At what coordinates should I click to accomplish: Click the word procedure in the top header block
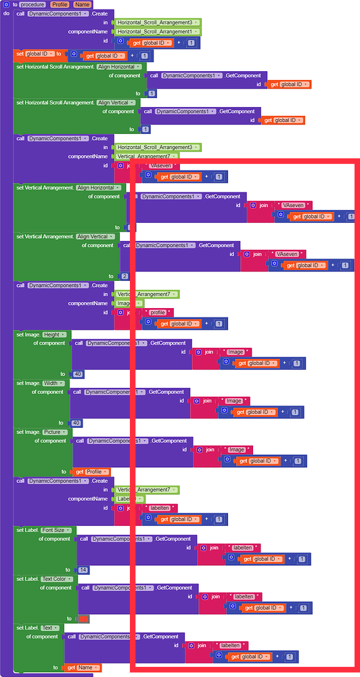click(33, 4)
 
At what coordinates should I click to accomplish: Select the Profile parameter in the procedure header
click(59, 4)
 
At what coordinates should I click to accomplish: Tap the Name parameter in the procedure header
click(82, 4)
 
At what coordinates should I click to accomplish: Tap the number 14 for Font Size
click(83, 570)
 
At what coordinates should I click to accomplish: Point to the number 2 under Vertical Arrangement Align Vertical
click(124, 276)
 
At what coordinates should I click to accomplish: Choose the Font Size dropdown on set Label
click(57, 530)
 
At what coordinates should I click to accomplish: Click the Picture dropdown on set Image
click(55, 432)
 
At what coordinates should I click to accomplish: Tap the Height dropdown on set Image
click(51, 334)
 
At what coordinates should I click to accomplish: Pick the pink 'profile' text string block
click(157, 313)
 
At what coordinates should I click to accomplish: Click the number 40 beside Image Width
click(76, 422)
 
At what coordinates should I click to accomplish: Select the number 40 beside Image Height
click(78, 374)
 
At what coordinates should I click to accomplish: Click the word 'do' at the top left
click(6, 13)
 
